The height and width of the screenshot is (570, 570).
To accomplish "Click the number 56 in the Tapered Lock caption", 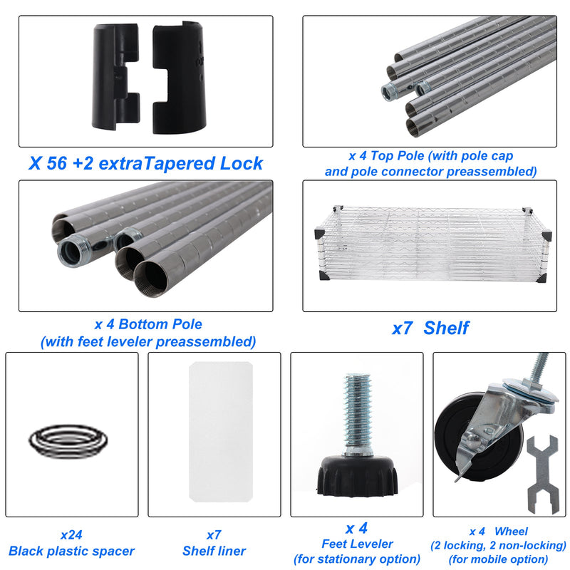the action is (56, 163).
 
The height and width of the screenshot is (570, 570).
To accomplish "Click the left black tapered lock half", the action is (116, 77).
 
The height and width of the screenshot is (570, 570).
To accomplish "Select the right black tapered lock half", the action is (180, 78).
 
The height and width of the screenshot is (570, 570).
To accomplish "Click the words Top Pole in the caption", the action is (397, 156).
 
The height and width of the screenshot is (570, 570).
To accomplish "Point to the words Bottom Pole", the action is (160, 324).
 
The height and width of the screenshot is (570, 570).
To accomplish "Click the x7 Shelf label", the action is (431, 328).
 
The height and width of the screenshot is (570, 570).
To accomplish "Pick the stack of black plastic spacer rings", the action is (68, 441).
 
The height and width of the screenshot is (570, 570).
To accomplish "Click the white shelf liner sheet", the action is (221, 432).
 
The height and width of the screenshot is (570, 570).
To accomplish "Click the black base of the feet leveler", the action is (358, 475).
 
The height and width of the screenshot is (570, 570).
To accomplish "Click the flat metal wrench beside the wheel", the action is (543, 475).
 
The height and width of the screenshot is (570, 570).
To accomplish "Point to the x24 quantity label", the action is (71, 535).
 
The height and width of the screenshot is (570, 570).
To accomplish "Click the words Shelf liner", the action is (214, 551).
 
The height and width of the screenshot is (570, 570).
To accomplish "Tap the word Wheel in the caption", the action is (511, 532).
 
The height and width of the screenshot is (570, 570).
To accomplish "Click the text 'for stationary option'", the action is (357, 559).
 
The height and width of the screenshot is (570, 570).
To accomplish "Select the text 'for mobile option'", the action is (498, 559).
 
